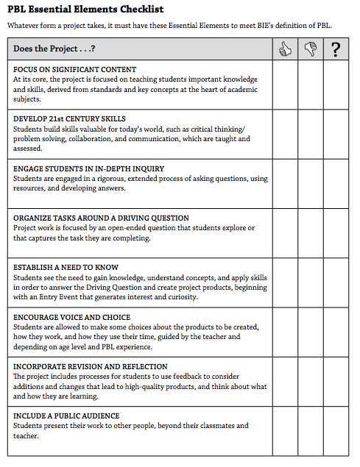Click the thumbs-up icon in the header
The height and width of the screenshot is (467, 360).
(x=284, y=49)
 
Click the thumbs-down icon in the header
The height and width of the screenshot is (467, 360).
(x=310, y=49)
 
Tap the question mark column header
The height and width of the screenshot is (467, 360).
(x=336, y=49)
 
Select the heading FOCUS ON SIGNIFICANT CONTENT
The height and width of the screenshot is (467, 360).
(x=74, y=69)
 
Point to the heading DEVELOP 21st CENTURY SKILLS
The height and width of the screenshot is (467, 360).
(x=69, y=119)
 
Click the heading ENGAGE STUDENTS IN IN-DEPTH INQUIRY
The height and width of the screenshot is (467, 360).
(x=88, y=168)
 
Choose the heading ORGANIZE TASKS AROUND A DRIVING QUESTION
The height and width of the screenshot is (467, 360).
(x=101, y=218)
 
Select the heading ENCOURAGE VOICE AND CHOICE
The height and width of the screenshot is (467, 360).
(x=72, y=317)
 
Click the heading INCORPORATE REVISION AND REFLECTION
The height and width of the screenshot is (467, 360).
(x=91, y=366)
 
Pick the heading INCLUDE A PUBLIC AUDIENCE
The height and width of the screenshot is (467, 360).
(x=66, y=416)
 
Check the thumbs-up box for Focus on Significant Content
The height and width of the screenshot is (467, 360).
(x=284, y=85)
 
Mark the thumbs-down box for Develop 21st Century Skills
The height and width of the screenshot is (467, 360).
(x=310, y=135)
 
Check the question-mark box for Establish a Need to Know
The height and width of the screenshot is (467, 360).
(x=336, y=283)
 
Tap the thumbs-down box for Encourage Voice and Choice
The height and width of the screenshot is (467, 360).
(x=310, y=332)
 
